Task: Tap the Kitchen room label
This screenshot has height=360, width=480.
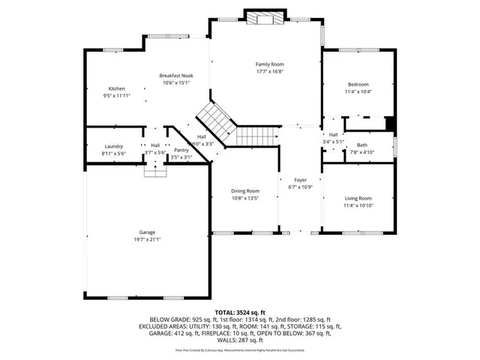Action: (116, 88)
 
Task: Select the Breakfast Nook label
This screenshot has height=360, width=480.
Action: (176, 76)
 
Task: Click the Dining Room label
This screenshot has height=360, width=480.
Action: (244, 191)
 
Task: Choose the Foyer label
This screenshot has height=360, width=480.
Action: (299, 179)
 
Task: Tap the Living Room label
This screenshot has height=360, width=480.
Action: (358, 197)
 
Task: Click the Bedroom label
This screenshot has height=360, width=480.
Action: (358, 84)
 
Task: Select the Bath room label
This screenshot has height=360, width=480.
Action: (361, 145)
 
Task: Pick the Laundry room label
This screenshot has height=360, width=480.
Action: (114, 145)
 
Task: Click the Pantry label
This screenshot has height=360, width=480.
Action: (181, 150)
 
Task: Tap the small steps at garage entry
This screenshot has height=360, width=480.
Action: (154, 172)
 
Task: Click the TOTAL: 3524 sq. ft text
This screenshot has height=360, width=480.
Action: (240, 311)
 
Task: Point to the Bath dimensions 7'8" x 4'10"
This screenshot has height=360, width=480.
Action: (361, 152)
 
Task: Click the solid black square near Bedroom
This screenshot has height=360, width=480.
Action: (389, 124)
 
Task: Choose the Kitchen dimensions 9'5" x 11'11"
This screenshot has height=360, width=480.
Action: (116, 96)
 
